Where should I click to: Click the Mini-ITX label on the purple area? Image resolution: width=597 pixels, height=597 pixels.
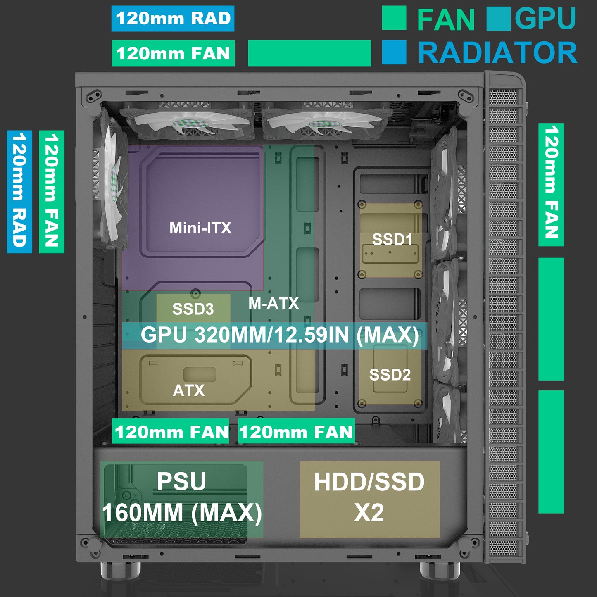click(200, 228)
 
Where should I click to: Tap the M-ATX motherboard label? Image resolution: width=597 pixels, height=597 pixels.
click(274, 304)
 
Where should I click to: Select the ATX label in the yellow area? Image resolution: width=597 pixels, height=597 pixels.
click(188, 390)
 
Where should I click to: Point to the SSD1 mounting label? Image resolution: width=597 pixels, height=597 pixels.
click(392, 239)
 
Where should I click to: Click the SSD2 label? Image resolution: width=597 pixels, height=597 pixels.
click(390, 375)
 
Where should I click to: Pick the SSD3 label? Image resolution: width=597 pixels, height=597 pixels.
click(193, 309)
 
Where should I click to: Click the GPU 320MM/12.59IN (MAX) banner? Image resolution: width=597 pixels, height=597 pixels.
click(279, 335)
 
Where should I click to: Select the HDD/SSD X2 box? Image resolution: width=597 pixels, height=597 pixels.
click(369, 498)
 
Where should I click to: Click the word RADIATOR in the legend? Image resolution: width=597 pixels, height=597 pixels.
click(497, 53)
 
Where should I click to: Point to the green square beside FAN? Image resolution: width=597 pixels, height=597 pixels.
click(394, 18)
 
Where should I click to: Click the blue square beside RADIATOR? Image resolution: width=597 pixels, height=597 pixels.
click(394, 52)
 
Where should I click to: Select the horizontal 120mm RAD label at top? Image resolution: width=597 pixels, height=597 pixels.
click(173, 19)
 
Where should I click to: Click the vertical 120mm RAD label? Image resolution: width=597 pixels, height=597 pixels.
click(19, 192)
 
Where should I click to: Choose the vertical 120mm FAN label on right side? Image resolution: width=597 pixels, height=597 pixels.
click(551, 184)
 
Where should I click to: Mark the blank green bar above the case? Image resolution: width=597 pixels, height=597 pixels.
click(309, 53)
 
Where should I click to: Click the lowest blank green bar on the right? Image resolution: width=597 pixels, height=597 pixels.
click(551, 451)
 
